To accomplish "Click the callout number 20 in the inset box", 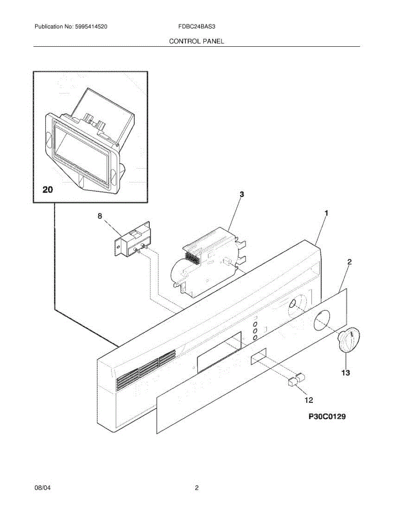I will [48, 190].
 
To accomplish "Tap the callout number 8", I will [100, 216].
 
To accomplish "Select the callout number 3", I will [241, 194].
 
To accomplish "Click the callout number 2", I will [349, 262].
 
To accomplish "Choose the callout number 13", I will [346, 373].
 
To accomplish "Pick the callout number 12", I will [309, 399].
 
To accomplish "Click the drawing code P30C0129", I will [327, 417].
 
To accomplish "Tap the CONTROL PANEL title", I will [196, 41].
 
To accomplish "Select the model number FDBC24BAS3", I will [197, 27].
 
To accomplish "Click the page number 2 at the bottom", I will [197, 488].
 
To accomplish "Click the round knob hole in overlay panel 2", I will [322, 320].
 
